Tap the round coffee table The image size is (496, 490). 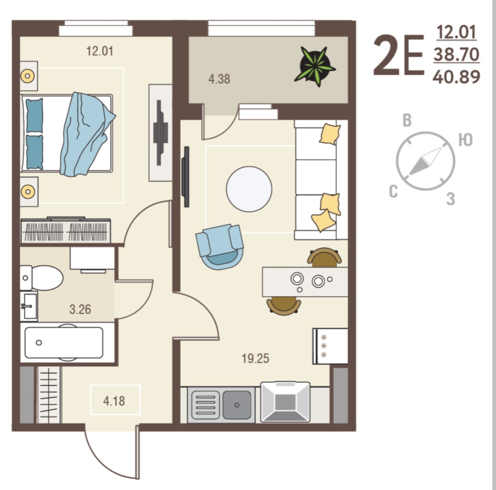(249, 189)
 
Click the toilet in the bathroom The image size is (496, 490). (41, 278)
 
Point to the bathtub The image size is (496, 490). (64, 343)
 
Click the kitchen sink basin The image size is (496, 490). (237, 405)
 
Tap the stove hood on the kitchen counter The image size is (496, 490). (285, 402)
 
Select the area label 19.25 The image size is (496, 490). (255, 359)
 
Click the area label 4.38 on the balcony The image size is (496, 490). (219, 79)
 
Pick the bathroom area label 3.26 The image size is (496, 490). (80, 310)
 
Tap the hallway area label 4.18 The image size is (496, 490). (114, 401)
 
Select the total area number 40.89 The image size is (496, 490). (457, 77)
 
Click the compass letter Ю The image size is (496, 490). (466, 140)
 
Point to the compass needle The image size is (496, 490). (425, 161)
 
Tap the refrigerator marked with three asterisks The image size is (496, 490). (330, 346)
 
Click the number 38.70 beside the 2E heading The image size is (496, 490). (457, 54)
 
